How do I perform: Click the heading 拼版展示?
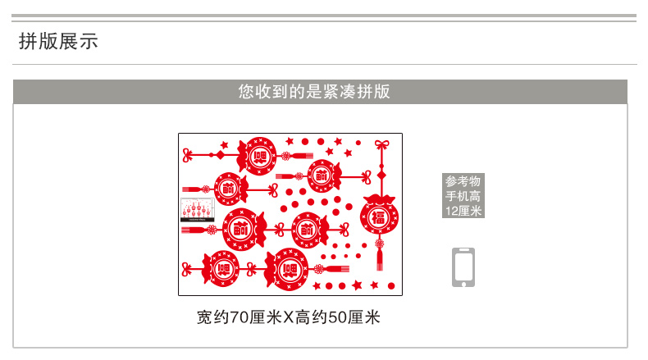point(58,42)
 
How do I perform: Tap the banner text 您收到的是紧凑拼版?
point(314,92)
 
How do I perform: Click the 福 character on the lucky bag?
point(379,216)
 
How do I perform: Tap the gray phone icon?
point(463,267)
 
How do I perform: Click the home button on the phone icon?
point(463,282)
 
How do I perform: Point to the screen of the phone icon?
point(463,265)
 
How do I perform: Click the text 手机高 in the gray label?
point(463,197)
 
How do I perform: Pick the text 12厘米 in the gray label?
point(463,211)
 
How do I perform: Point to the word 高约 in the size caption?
point(312,317)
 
